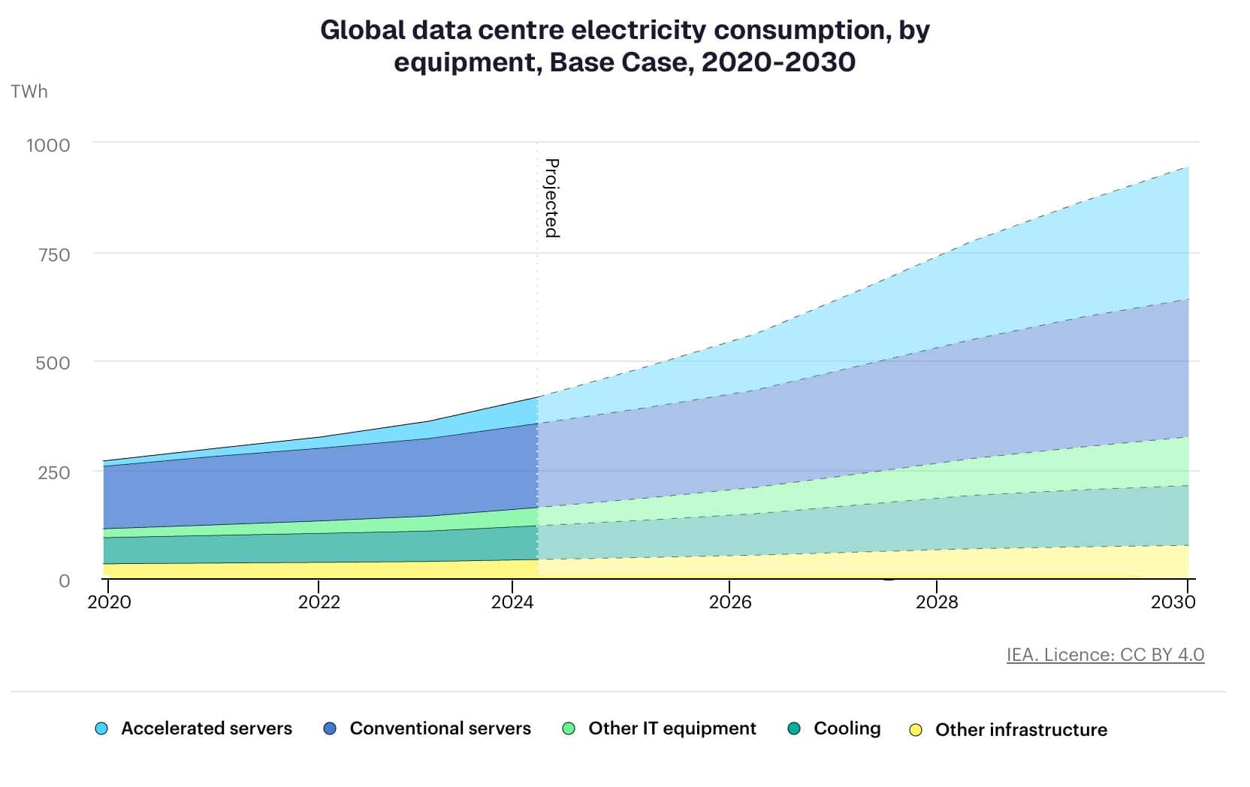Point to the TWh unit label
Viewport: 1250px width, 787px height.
point(29,92)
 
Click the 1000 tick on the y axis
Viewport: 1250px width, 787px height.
point(49,146)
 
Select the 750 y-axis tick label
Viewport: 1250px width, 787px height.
point(54,255)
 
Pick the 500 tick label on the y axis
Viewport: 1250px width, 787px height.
point(53,363)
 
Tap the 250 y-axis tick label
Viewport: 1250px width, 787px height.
point(54,473)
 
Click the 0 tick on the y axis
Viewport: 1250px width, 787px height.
point(65,581)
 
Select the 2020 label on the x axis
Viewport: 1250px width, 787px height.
point(109,602)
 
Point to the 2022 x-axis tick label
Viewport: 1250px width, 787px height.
point(319,602)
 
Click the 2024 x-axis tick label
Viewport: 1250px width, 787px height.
point(512,602)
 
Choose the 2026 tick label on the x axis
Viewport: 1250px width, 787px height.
point(730,602)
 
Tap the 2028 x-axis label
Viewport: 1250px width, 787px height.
point(937,602)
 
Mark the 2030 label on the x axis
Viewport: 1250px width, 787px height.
point(1173,602)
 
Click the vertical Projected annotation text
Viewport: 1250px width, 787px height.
point(552,198)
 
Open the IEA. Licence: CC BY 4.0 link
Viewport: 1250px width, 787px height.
point(1105,655)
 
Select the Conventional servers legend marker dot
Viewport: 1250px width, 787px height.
point(330,728)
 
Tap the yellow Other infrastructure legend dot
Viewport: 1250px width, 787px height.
point(916,730)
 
